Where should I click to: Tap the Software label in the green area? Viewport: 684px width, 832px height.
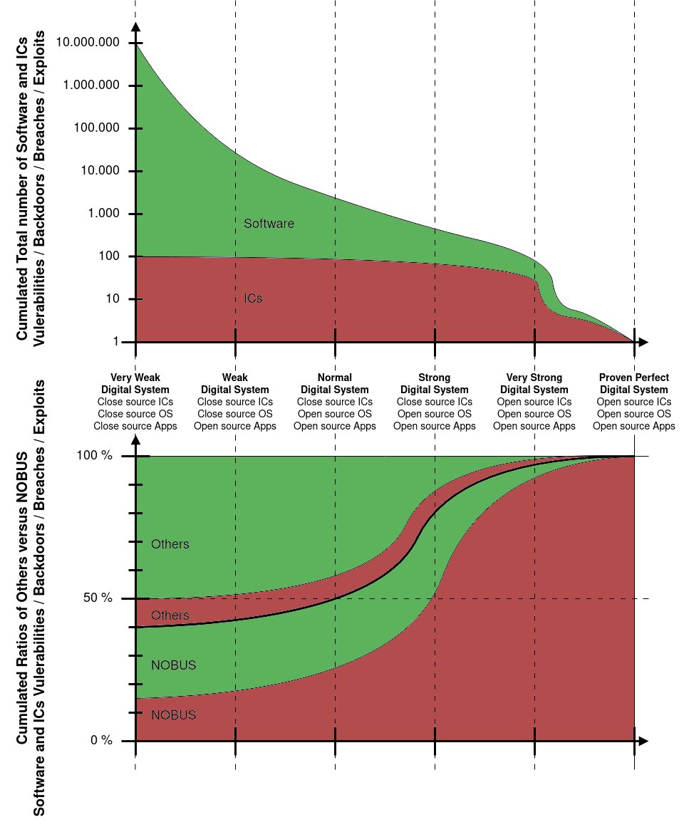point(269,224)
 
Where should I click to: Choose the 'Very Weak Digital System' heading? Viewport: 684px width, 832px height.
point(135,383)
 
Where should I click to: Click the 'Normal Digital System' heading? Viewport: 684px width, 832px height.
point(335,383)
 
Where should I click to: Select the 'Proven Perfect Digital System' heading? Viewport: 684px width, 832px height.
point(634,383)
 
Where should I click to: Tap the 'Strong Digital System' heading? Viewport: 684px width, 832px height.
point(435,383)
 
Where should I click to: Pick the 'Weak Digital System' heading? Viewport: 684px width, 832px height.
point(235,383)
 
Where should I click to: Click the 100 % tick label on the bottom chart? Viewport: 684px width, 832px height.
point(95,456)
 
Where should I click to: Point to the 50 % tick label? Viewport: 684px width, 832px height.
point(98,598)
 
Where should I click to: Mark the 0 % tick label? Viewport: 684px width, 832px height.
point(100,741)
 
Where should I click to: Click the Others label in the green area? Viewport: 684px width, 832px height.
point(170,544)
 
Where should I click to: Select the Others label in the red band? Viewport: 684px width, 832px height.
point(170,615)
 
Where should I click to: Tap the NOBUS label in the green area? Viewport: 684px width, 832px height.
point(173,665)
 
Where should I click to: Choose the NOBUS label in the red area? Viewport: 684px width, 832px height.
point(173,714)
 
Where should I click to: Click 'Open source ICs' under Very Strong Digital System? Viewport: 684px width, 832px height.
point(534,402)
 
